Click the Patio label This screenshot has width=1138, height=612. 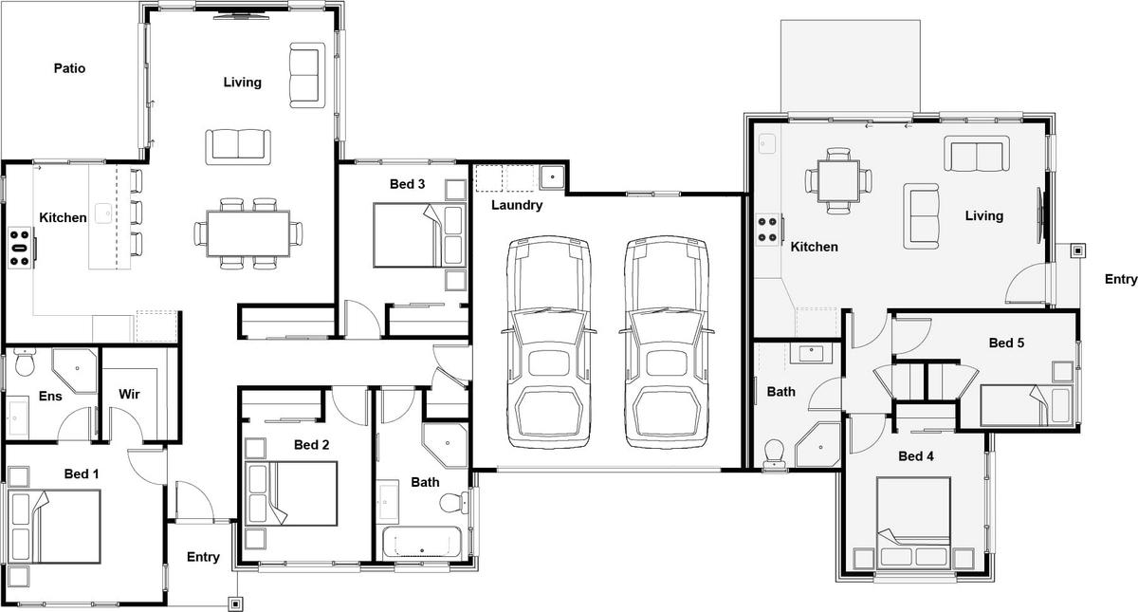[x=69, y=68]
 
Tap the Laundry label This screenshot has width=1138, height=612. [x=517, y=205]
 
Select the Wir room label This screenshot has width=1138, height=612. [x=129, y=394]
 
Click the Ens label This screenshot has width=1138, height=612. [x=50, y=396]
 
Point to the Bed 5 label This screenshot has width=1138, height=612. [x=1006, y=343]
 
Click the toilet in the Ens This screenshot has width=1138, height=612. [x=25, y=362]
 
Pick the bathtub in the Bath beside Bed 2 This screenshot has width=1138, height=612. [x=422, y=543]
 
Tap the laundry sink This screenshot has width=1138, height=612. [x=552, y=177]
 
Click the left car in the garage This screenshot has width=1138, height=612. [x=549, y=343]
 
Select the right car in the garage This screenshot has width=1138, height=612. [x=666, y=343]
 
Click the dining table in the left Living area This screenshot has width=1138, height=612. [x=248, y=233]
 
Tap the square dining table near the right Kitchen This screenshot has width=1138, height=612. [x=838, y=181]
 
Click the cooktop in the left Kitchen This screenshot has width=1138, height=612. [x=21, y=248]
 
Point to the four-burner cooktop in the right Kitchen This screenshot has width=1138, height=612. [x=769, y=230]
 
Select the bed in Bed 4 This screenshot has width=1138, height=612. [x=913, y=523]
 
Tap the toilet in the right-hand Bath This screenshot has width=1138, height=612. [x=774, y=453]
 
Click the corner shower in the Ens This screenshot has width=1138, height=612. [x=75, y=371]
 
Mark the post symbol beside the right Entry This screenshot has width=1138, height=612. [x=1077, y=250]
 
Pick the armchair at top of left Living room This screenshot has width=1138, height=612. [x=307, y=75]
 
